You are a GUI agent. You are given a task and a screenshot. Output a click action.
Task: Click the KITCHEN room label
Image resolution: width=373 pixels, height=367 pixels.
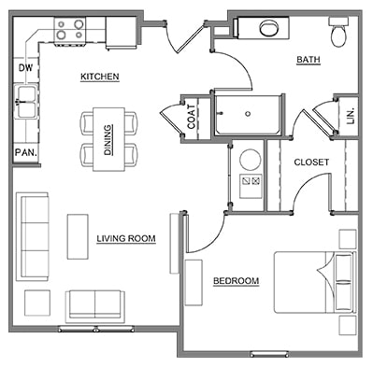[x=99, y=77]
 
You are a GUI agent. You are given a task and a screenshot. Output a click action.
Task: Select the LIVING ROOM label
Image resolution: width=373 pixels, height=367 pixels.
[x=125, y=238]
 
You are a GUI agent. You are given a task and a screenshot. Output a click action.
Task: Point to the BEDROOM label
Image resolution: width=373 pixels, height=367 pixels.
[x=236, y=281]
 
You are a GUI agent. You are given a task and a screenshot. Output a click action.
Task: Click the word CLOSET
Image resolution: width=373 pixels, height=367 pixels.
[x=310, y=162]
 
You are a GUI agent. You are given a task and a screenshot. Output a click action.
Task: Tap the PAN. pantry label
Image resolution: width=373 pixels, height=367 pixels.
[x=24, y=151]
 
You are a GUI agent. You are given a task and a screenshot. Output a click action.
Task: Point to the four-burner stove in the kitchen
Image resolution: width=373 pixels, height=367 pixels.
[x=67, y=29]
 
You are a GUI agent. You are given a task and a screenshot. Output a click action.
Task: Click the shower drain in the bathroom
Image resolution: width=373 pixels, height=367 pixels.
[x=248, y=114]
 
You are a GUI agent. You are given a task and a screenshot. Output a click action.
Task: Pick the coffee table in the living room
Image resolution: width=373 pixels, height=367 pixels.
[x=78, y=236]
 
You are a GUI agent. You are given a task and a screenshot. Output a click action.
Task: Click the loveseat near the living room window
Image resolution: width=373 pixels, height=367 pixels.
[x=93, y=305]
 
